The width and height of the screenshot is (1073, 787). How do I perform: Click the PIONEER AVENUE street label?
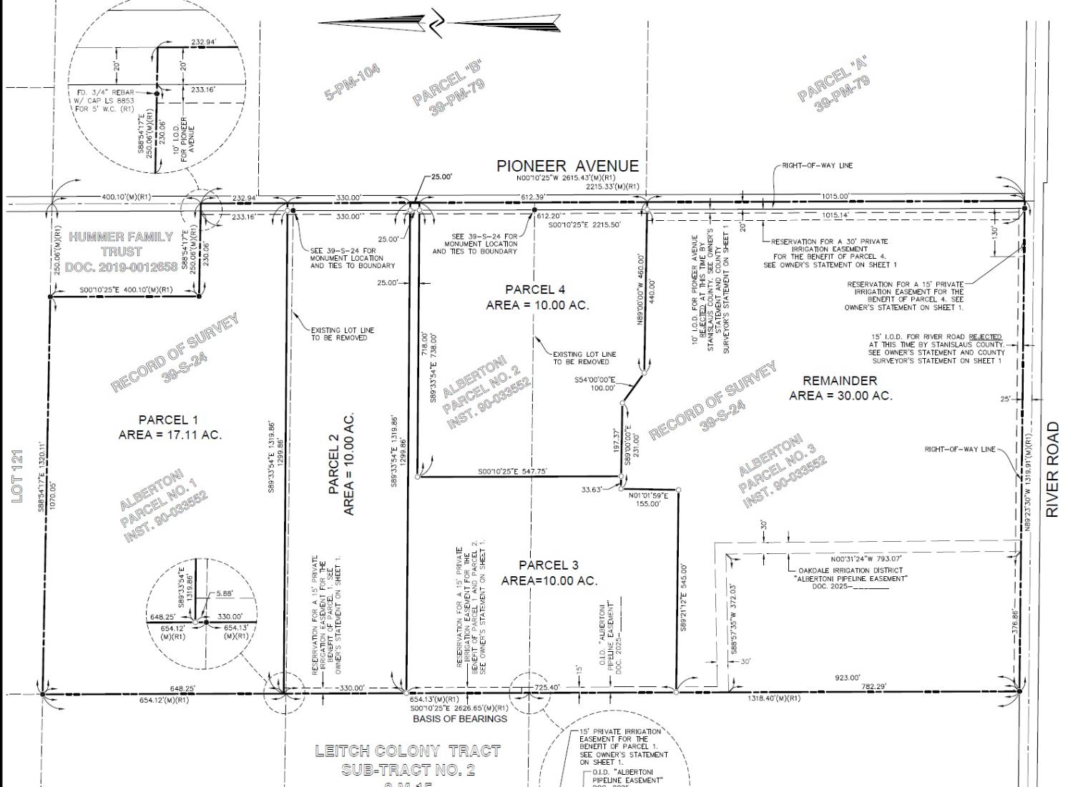(x=567, y=166)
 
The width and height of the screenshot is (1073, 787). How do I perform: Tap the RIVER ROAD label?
(x=1052, y=469)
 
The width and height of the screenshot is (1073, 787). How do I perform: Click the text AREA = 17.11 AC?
(x=170, y=435)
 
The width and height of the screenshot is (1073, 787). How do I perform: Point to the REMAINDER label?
(x=840, y=380)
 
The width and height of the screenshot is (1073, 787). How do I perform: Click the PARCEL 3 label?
(x=549, y=565)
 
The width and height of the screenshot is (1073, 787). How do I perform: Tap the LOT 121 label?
(x=19, y=475)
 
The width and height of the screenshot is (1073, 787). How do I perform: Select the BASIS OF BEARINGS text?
(x=459, y=718)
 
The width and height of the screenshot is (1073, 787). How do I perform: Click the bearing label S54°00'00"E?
(x=594, y=380)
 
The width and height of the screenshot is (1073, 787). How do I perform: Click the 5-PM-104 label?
(x=353, y=82)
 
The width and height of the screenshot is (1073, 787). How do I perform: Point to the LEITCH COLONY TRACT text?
(x=408, y=751)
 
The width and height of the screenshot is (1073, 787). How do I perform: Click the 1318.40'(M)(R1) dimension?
(x=774, y=698)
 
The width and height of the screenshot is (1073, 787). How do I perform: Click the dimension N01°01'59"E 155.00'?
(x=648, y=499)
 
